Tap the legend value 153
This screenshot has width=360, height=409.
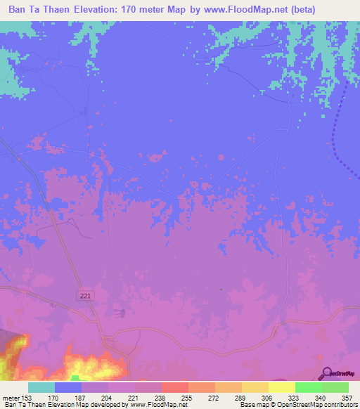(x=26, y=398)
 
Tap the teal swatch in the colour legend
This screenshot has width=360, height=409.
(x=41, y=387)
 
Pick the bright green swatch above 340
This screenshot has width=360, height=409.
(x=309, y=387)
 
